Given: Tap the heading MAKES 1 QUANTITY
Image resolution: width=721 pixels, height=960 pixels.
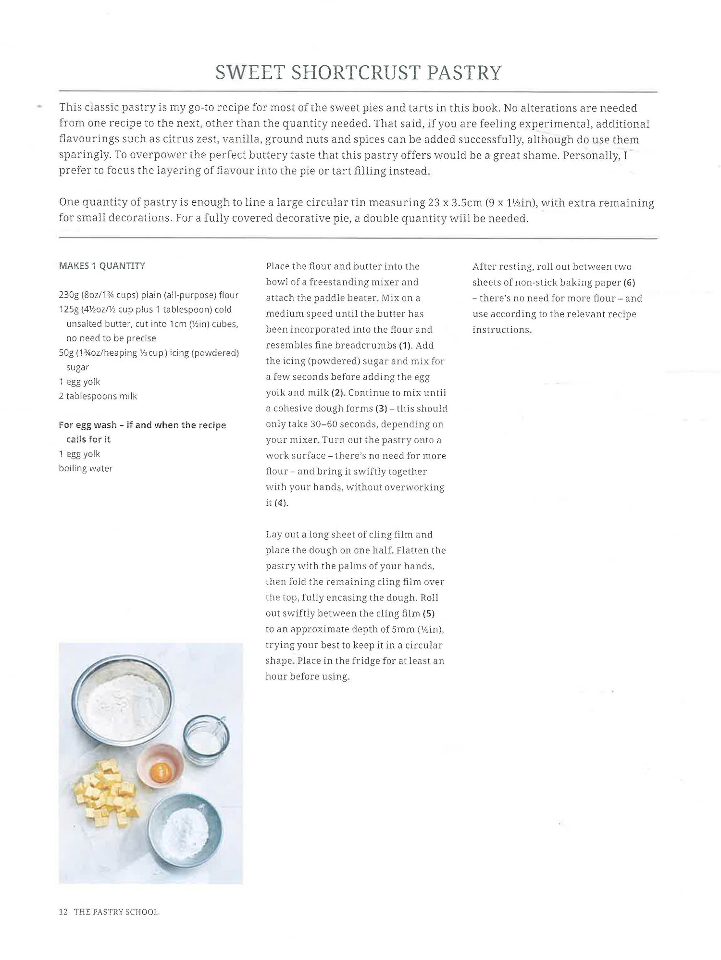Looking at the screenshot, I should coord(101,265).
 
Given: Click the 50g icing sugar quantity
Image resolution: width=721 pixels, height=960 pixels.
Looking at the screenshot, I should coord(65,352).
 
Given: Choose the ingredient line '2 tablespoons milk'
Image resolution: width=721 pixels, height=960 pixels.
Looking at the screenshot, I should coord(98,396).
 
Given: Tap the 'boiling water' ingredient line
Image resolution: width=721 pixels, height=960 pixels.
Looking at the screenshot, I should coord(86,468).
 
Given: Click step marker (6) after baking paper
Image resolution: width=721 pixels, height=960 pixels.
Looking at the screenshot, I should coord(629,282).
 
